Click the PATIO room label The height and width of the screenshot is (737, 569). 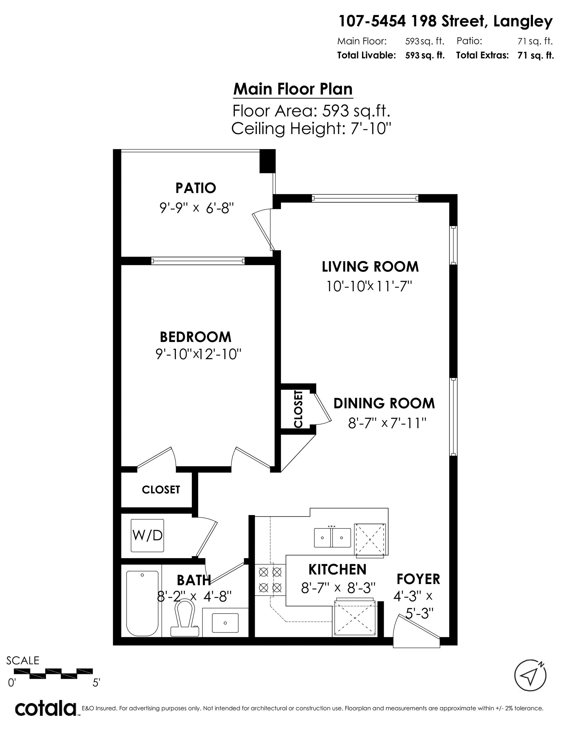pyautogui.click(x=196, y=188)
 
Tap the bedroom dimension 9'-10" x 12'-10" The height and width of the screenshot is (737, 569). pyautogui.click(x=199, y=354)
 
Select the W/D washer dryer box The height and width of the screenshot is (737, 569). pyautogui.click(x=147, y=535)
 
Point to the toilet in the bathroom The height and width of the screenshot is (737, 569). pyautogui.click(x=185, y=617)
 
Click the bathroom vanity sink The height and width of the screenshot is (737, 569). pyautogui.click(x=225, y=622)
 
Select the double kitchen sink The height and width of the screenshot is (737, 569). pyautogui.click(x=332, y=538)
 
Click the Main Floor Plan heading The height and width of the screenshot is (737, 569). pyautogui.click(x=293, y=89)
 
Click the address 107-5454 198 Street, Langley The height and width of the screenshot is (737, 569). pyautogui.click(x=445, y=22)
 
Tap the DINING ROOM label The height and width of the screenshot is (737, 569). pyautogui.click(x=384, y=403)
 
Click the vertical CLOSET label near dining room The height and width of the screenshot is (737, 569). pyautogui.click(x=298, y=409)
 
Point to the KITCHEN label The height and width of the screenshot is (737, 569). pyautogui.click(x=337, y=570)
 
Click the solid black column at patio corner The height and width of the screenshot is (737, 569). pyautogui.click(x=267, y=161)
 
